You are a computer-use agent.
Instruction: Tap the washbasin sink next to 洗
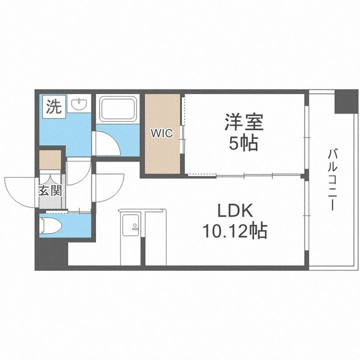pyautogui.click(x=79, y=105)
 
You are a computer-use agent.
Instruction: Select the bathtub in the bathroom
pyautogui.click(x=118, y=109)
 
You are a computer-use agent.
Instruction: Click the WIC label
pyautogui.click(x=162, y=133)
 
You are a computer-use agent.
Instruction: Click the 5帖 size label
pyautogui.click(x=244, y=143)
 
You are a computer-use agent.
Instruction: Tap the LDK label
pyautogui.click(x=234, y=210)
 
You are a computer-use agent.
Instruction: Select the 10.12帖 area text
pyautogui.click(x=234, y=231)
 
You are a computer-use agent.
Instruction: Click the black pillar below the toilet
pyautogui.click(x=50, y=255)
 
